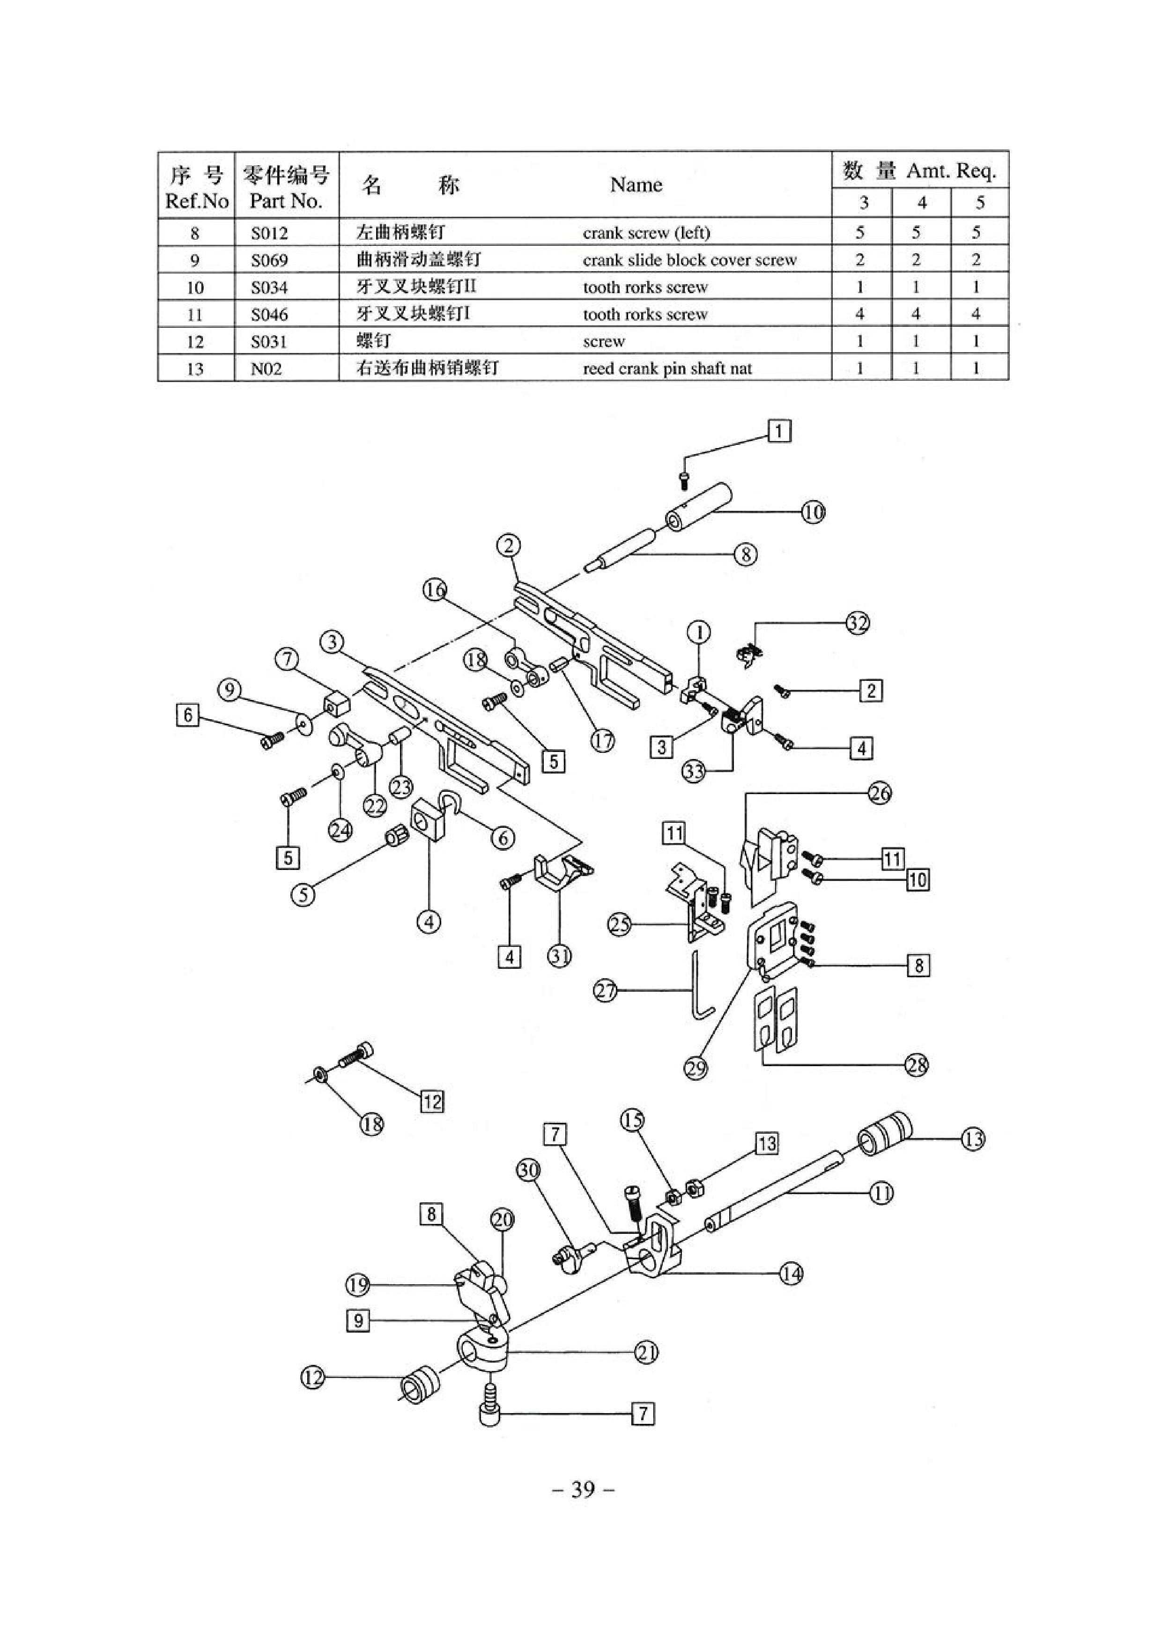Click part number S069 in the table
[x=269, y=260]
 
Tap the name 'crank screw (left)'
[x=646, y=233]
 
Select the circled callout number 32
[x=857, y=623]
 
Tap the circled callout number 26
[x=880, y=794]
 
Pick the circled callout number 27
[x=606, y=991]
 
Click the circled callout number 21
[x=646, y=1353]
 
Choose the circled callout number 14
[x=791, y=1274]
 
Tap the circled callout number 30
[x=528, y=1171]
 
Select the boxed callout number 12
[x=432, y=1101]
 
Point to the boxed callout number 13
[x=767, y=1143]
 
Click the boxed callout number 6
[x=188, y=715]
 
